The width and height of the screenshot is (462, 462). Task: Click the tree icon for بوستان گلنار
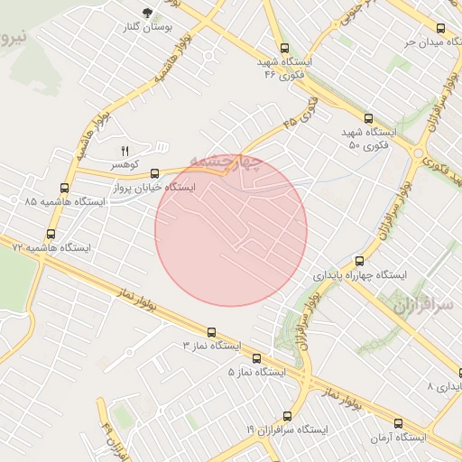coord(147,13)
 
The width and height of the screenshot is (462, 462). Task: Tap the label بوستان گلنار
coord(148,27)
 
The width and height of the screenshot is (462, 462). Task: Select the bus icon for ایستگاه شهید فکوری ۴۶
coord(285,49)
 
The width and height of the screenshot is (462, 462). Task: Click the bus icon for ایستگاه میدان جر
coord(440,28)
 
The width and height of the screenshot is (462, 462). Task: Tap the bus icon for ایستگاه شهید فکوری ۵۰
coord(367,118)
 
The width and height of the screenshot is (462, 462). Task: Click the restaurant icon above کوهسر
coord(125,150)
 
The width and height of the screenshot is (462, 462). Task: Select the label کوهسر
coord(125,165)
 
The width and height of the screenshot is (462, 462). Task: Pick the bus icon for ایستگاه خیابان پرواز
coord(154,173)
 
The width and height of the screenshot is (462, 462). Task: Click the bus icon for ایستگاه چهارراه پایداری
coord(359,261)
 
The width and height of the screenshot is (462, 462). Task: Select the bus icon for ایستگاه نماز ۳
coord(212,332)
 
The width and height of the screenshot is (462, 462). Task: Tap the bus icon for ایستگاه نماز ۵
coord(257,358)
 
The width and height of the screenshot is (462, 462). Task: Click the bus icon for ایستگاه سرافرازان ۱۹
coord(287,416)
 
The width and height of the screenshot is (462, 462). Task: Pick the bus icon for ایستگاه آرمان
coord(398,423)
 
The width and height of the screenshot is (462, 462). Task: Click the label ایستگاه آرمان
coord(399,438)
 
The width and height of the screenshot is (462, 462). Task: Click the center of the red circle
coord(231,230)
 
